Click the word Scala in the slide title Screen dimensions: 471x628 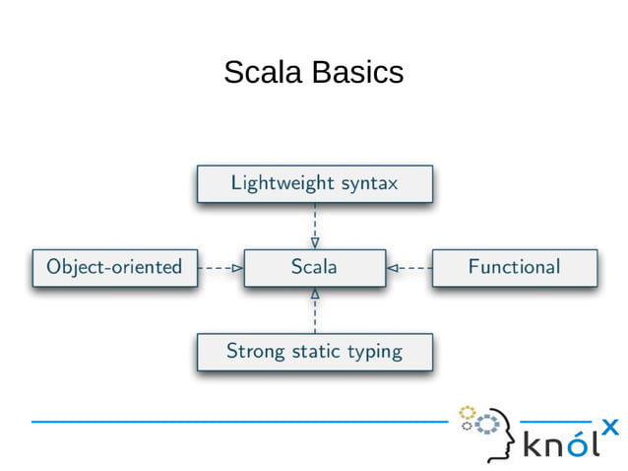pyautogui.click(x=264, y=73)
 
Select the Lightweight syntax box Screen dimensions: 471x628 pyautogui.click(x=314, y=183)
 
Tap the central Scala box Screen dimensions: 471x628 pyautogui.click(x=314, y=267)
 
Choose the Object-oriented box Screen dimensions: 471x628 pyautogui.click(x=114, y=267)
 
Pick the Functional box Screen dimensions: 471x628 pyautogui.click(x=514, y=267)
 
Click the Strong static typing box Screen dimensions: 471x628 pyautogui.click(x=314, y=352)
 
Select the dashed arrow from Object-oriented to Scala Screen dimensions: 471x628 pyautogui.click(x=220, y=267)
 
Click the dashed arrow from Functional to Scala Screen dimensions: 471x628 pyautogui.click(x=409, y=267)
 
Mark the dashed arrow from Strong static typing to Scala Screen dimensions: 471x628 pyautogui.click(x=314, y=310)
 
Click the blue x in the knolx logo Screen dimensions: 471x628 pyautogui.click(x=609, y=427)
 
